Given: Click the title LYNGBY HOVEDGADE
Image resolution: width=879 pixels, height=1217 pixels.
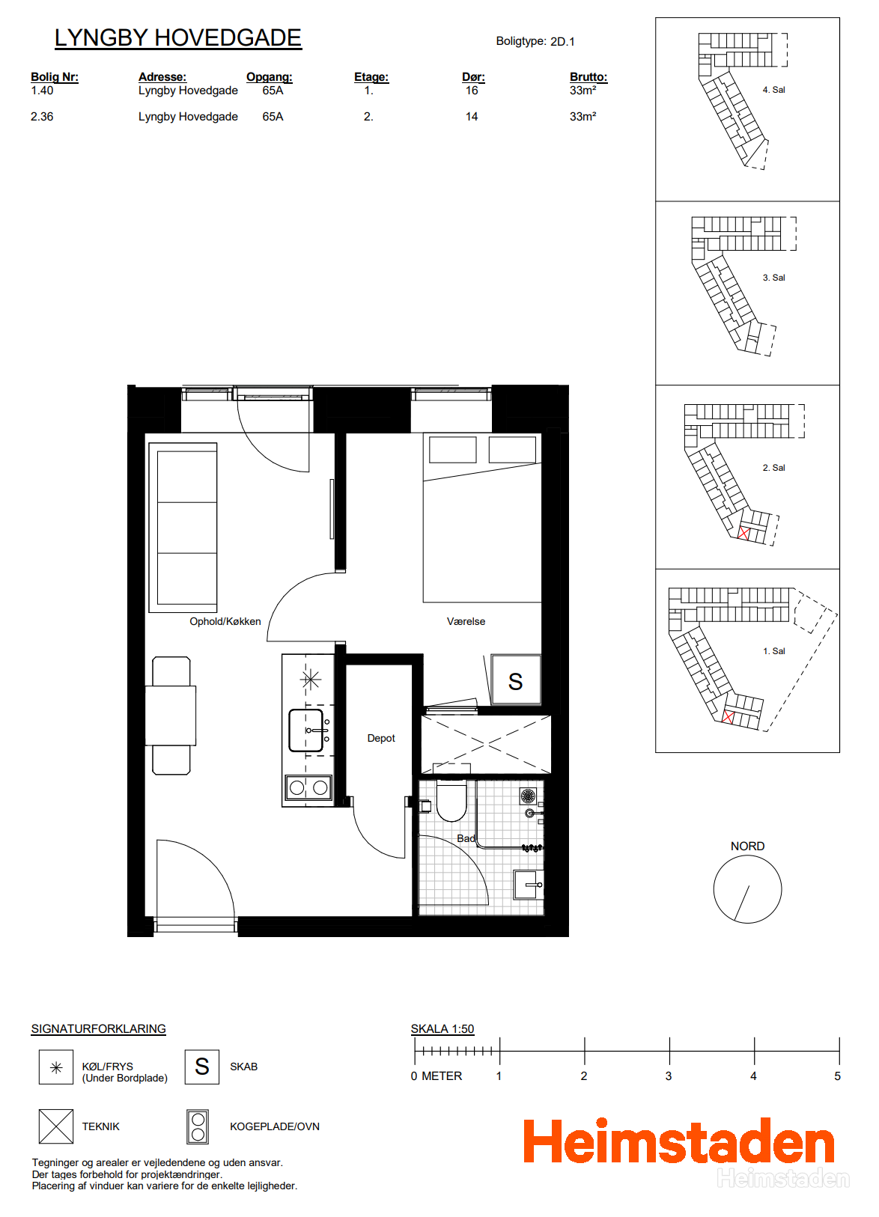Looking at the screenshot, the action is [177, 38].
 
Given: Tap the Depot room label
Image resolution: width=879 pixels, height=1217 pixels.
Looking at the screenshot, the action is [381, 738].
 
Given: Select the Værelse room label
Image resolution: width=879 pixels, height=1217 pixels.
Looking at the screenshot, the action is [466, 621].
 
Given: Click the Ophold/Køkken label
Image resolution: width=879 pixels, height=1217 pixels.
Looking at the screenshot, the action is [225, 621].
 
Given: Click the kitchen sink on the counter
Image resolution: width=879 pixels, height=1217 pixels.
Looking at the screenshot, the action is [306, 730].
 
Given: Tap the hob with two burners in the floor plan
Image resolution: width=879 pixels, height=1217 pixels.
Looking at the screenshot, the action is [308, 787].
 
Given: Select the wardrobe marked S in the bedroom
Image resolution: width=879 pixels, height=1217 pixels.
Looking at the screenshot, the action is [515, 679].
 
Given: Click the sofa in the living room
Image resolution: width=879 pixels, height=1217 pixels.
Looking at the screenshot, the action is [183, 528].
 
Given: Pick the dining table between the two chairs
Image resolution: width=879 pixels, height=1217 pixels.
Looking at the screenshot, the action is [170, 716].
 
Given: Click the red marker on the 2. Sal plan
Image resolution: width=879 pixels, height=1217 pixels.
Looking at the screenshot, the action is [743, 533].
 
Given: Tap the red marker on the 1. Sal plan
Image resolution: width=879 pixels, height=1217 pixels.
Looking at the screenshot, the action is [728, 716].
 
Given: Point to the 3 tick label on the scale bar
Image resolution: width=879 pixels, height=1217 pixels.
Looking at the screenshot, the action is [669, 1076].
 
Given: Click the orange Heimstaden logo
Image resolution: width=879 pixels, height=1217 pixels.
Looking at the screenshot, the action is [679, 1141].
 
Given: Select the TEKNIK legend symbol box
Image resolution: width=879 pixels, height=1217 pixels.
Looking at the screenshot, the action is [56, 1126].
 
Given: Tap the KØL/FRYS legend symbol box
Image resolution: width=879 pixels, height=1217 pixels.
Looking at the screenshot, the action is [56, 1067].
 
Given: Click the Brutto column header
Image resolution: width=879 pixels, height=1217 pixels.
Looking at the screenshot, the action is [588, 77].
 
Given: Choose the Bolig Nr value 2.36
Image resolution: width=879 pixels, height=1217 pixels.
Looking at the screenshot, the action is [42, 117].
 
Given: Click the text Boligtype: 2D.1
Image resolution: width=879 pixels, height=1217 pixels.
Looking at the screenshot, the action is [535, 41].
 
